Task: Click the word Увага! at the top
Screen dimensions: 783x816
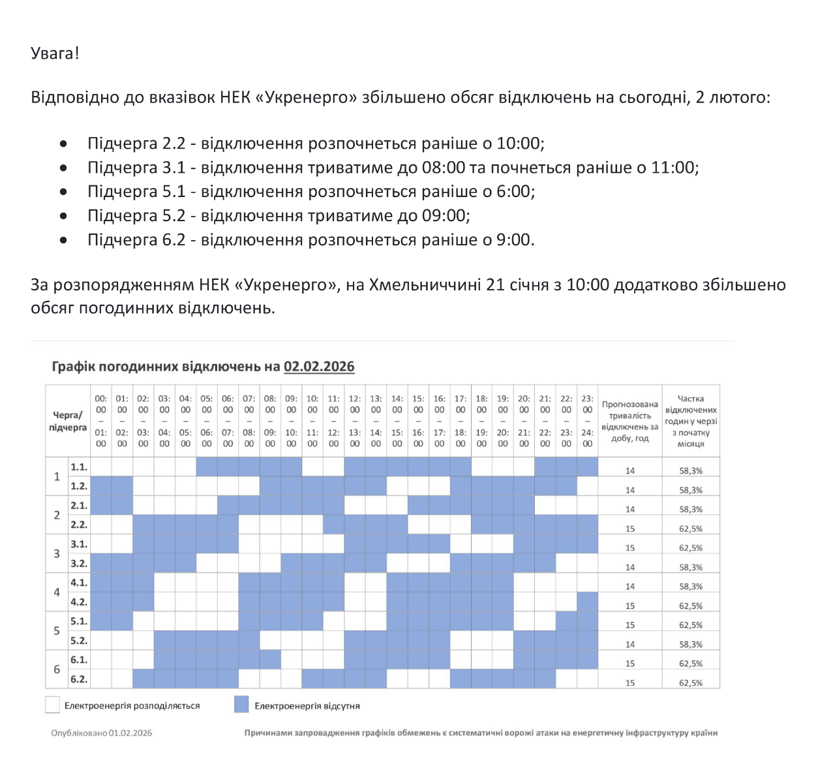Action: point(55,54)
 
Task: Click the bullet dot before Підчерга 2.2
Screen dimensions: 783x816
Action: point(63,144)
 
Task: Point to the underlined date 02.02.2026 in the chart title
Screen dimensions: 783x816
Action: point(319,367)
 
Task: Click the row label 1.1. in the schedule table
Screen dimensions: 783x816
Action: point(79,467)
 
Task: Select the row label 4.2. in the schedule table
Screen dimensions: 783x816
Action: point(79,602)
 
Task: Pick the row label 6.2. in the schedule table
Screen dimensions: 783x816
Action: point(79,679)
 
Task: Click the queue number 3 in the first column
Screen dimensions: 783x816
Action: point(57,554)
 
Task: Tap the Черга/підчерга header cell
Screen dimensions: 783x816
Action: point(68,421)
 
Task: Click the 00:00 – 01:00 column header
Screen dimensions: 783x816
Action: point(101,421)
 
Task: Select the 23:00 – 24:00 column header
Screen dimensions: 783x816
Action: point(588,421)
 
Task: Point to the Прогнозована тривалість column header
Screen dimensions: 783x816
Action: point(629,421)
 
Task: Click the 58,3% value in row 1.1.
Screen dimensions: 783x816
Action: point(691,470)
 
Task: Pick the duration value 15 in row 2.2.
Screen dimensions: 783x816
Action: point(630,529)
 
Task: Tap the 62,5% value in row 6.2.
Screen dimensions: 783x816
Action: point(691,683)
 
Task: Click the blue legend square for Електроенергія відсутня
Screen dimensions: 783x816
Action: point(241,705)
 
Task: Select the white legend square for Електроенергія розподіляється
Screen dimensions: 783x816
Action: point(52,705)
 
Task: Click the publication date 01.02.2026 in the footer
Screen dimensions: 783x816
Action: point(130,733)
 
